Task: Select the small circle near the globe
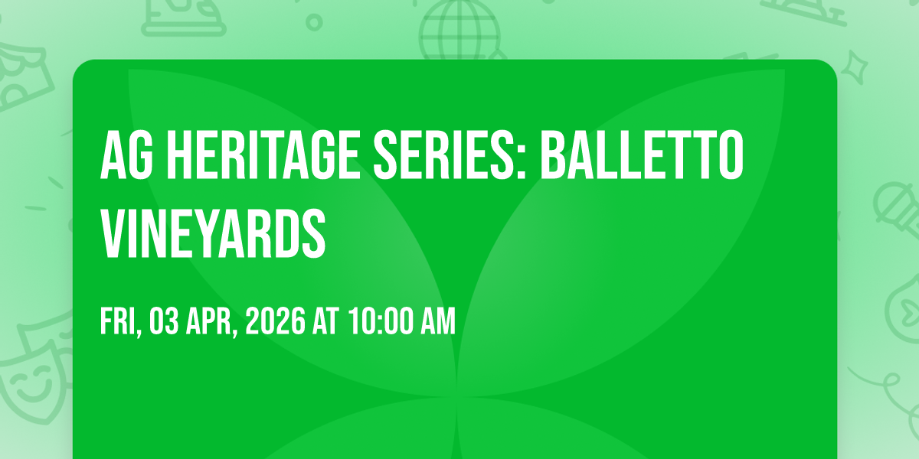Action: click(x=313, y=21)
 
